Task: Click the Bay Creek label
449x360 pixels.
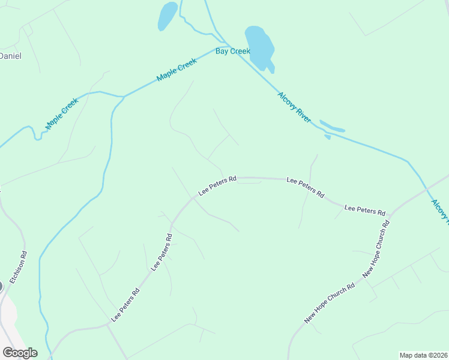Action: coord(233,52)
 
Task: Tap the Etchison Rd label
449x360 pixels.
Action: coord(23,263)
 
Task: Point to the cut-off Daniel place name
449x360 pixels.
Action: coord(10,56)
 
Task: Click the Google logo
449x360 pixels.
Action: coord(20,353)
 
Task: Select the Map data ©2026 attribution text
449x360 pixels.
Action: coord(423,355)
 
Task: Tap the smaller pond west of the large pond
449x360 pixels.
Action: coord(167,16)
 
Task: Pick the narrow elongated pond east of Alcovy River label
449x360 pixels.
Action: coord(332,127)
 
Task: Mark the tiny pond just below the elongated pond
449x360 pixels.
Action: coord(327,137)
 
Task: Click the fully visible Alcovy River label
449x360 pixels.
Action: coord(294,108)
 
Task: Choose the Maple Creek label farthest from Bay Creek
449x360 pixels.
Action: coord(62,113)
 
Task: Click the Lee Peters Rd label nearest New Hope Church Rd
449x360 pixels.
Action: coord(364,210)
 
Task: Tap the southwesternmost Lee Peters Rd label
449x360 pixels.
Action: coord(125,304)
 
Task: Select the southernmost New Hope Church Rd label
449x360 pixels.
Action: coord(330,304)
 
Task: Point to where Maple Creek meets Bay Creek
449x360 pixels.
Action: coord(228,47)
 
